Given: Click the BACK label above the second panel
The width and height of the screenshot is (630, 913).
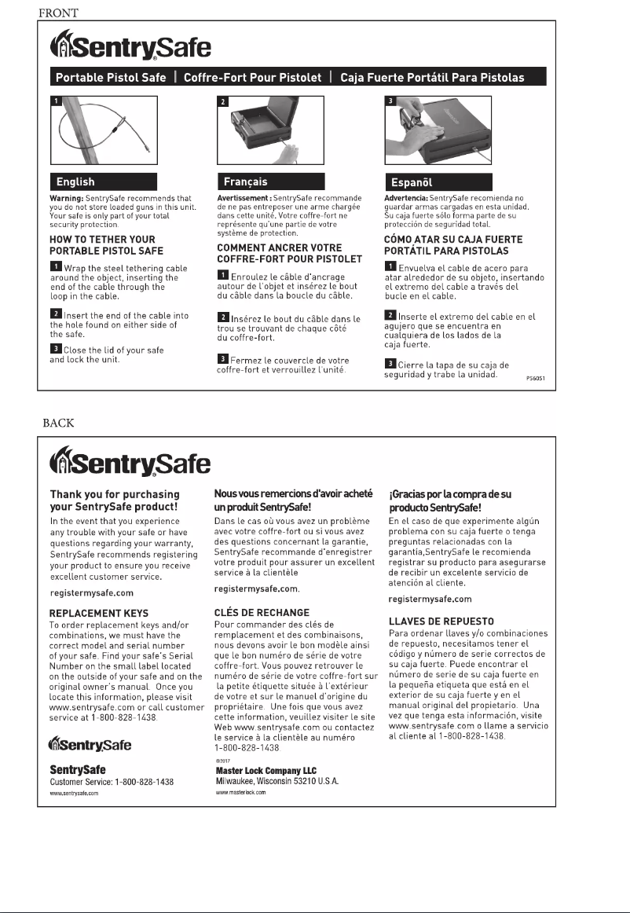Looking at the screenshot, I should (x=58, y=423).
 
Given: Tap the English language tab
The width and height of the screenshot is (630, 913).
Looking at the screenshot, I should (x=76, y=181).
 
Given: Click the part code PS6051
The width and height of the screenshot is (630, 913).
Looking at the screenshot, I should (x=536, y=378).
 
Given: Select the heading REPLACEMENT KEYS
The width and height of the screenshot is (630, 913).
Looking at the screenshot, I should (x=99, y=611).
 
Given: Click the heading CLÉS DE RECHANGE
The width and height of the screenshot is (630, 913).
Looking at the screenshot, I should (x=262, y=612).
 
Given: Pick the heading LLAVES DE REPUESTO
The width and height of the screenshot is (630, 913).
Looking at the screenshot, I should (x=441, y=621).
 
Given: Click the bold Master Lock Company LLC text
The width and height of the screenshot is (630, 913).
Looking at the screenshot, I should (x=266, y=771).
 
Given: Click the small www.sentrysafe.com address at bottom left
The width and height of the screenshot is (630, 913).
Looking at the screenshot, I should (x=74, y=794).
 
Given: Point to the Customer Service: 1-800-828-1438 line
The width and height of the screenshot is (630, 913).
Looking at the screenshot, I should (x=112, y=783).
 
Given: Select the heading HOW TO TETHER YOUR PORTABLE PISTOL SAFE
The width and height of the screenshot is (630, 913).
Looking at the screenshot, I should (x=103, y=244).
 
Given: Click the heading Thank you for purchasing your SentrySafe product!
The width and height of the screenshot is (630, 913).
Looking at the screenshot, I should (x=115, y=500).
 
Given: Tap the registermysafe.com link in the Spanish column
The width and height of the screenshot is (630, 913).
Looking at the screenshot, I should (x=430, y=599).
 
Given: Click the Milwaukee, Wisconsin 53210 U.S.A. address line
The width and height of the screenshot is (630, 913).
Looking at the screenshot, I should (x=277, y=782).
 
